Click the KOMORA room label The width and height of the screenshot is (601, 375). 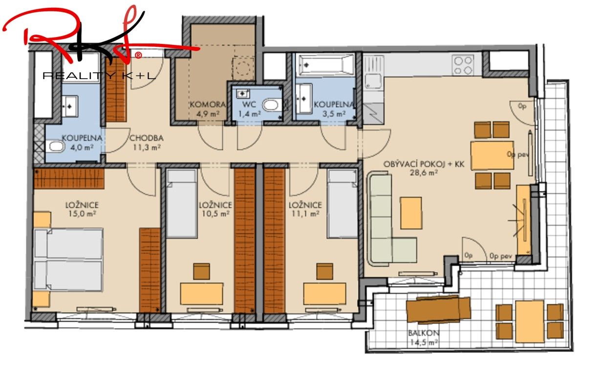click(207, 104)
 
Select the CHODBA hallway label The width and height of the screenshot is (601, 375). click(146, 138)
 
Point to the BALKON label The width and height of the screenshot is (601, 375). click(423, 333)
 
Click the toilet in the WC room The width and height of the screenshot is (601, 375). click(270, 104)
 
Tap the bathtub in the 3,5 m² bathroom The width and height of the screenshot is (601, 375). click(326, 64)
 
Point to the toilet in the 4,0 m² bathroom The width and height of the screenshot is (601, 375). click(56, 146)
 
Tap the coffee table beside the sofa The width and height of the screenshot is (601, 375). click(411, 213)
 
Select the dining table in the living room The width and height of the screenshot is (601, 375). click(492, 155)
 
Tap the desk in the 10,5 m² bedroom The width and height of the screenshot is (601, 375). click(201, 293)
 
